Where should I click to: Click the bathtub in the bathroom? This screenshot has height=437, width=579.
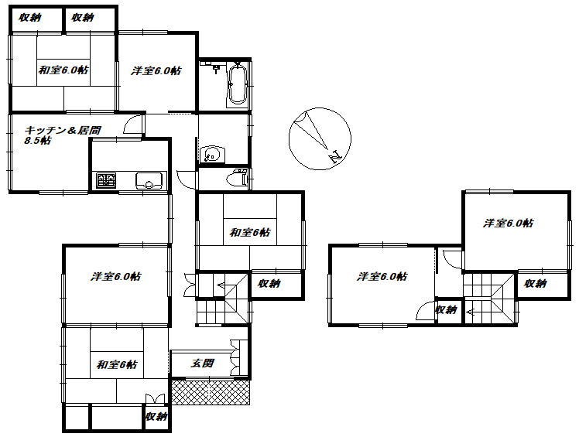coord(238,84)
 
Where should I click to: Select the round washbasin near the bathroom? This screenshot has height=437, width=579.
coord(211,154)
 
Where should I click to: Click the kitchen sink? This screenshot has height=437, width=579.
coord(149,181)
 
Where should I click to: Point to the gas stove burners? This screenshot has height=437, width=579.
coord(106,180)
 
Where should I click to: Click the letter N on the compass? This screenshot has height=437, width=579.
coord(335,157)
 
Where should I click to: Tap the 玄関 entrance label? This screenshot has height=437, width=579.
coord(202,364)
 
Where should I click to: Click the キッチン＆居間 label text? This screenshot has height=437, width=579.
coord(63,130)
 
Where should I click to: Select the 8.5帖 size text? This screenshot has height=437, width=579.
coord(37,140)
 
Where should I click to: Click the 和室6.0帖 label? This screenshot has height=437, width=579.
coord(63,70)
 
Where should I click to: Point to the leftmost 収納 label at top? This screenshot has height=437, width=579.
coord(30,17)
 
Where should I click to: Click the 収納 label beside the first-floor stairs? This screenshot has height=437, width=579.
coord(269,283)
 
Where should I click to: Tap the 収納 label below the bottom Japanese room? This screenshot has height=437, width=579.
coord(156,416)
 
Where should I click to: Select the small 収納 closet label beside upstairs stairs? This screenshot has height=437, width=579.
coord(446,309)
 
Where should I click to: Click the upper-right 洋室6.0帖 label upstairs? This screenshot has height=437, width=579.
coord(508,223)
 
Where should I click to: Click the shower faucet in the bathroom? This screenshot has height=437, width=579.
coord(215,68)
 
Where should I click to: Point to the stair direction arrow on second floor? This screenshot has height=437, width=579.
coord(470,312)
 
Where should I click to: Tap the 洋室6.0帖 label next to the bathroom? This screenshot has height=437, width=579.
coord(156,70)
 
